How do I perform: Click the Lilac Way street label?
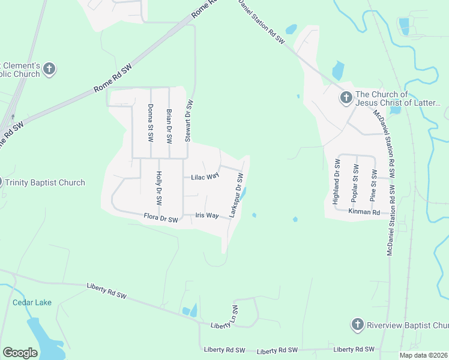(205, 177)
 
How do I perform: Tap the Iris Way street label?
(206, 215)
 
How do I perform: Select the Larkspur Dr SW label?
(235, 195)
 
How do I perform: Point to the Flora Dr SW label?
(161, 218)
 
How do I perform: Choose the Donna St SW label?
(150, 122)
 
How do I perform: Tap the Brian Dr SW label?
(169, 125)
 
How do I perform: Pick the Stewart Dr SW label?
(188, 121)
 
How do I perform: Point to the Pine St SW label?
(373, 185)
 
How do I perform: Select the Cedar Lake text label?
(32, 302)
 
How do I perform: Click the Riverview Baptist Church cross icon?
(357, 325)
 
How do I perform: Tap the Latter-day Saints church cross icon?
(346, 98)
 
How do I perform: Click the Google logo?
(20, 353)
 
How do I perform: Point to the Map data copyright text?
(424, 355)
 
